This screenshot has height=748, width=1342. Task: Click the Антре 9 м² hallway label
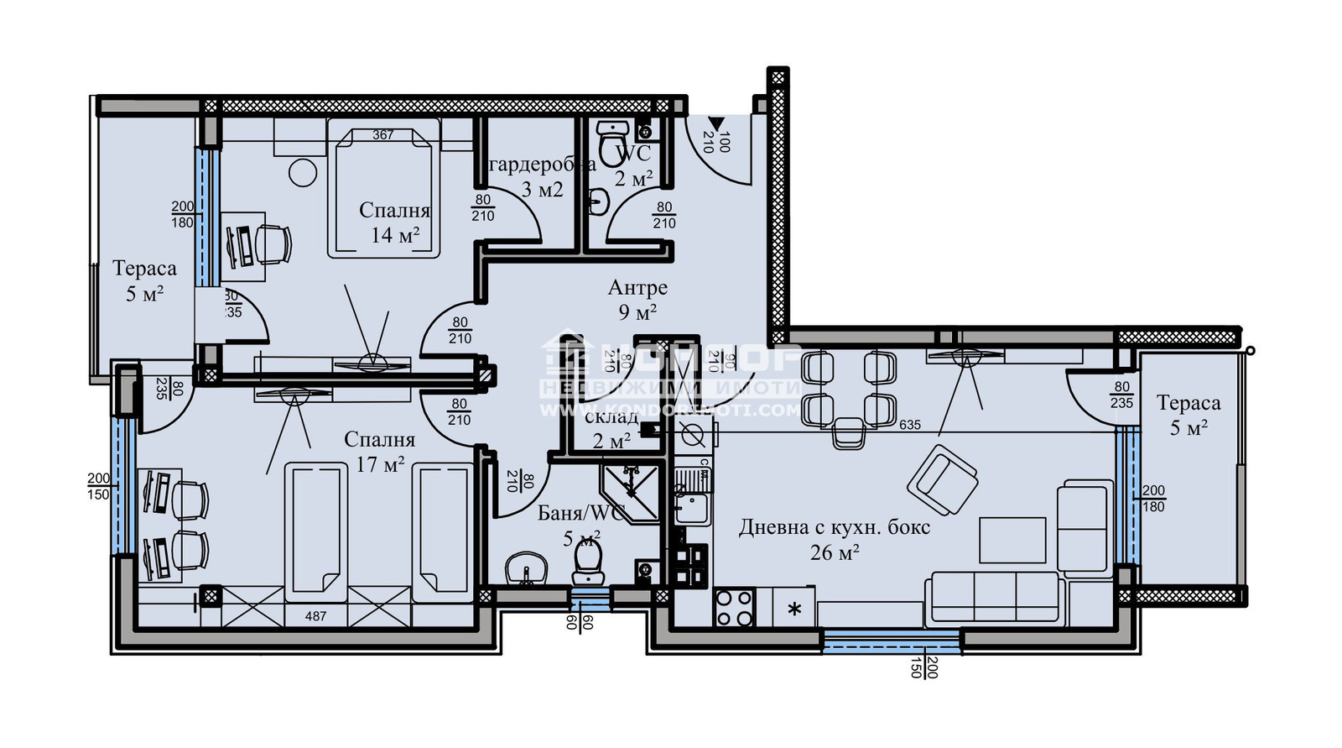(x=637, y=300)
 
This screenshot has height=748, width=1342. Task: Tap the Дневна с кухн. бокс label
(x=834, y=539)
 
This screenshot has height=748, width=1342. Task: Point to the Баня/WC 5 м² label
(x=581, y=525)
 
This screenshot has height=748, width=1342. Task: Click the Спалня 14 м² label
(x=394, y=222)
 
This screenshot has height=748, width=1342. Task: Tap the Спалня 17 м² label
(x=379, y=451)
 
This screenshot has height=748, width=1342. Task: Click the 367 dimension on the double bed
(x=383, y=134)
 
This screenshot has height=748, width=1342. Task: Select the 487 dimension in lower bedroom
(x=315, y=616)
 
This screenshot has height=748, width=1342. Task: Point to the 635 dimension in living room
(x=909, y=425)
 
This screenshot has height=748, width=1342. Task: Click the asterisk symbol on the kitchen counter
(x=794, y=609)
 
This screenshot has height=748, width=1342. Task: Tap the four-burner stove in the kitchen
(x=734, y=609)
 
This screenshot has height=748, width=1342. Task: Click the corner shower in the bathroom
(x=631, y=492)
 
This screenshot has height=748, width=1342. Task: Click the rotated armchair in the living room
(x=942, y=481)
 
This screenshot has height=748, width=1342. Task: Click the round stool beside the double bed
(x=303, y=173)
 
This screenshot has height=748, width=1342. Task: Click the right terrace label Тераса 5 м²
(x=1189, y=415)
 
